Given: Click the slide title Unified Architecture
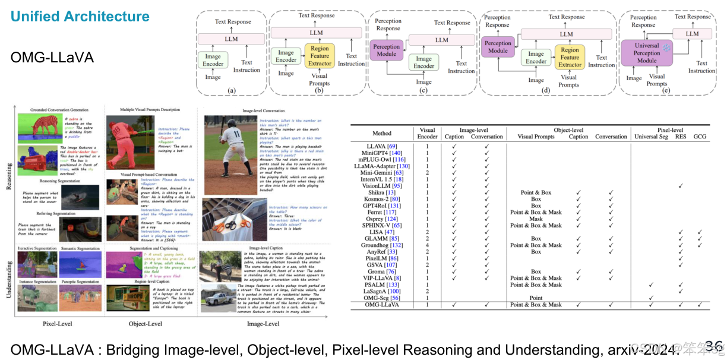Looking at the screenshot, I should pyautogui.click(x=80, y=17).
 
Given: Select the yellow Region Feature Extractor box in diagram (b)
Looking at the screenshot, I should pyautogui.click(x=320, y=55).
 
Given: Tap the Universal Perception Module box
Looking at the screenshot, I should pyautogui.click(x=647, y=53).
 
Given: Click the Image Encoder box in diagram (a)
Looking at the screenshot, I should pyautogui.click(x=213, y=61).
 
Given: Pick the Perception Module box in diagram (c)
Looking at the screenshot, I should pyautogui.click(x=387, y=50).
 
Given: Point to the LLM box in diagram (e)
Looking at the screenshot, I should pyautogui.click(x=692, y=34).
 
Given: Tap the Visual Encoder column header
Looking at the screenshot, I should pyautogui.click(x=427, y=133).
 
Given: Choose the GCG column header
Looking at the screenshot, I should pyautogui.click(x=700, y=137).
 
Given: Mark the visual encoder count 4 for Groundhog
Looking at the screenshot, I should pyautogui.click(x=427, y=245).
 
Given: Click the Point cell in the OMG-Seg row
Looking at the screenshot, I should pyautogui.click(x=536, y=298).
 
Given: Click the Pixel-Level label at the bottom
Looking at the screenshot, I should pyautogui.click(x=58, y=324).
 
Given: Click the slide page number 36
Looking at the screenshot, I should pyautogui.click(x=713, y=346).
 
